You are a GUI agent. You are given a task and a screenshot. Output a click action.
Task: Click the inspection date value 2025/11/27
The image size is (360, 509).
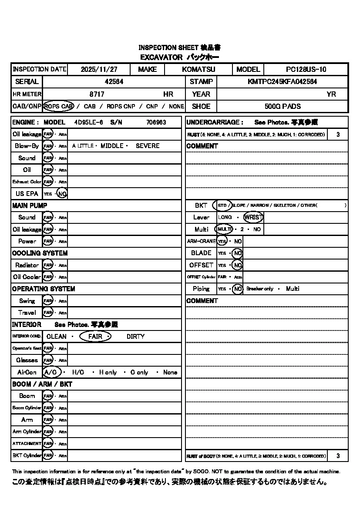point(99,69)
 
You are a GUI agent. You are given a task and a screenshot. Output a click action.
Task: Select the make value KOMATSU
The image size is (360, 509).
point(199,69)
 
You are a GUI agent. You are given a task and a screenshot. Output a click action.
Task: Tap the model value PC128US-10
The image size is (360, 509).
point(306,69)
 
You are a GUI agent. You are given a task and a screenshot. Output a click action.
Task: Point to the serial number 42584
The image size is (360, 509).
point(114,81)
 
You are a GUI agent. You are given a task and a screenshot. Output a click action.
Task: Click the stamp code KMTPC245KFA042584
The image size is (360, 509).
point(282,81)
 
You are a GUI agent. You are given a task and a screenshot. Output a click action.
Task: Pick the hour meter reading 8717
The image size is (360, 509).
point(97,94)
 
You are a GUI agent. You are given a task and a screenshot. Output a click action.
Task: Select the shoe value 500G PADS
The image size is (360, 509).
point(283,106)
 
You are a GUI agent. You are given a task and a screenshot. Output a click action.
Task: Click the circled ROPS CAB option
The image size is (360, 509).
point(58,106)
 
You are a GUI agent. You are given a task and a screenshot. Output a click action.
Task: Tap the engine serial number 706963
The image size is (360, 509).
point(156,122)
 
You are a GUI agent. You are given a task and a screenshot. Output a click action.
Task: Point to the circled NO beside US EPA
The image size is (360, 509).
point(62,194)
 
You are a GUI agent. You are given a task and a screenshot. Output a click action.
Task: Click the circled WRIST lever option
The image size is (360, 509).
point(253,217)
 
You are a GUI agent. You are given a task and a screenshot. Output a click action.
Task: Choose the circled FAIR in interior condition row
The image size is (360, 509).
point(95,337)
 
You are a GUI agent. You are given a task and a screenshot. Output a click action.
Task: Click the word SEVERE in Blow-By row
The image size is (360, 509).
point(148,146)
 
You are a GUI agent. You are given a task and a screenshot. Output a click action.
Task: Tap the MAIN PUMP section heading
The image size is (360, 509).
point(30,205)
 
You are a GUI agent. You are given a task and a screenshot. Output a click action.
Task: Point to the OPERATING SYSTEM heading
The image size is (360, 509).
point(44,289)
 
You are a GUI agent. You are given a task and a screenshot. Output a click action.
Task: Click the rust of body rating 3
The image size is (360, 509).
point(338,456)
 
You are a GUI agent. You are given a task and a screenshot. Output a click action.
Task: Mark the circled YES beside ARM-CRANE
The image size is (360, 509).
point(222,241)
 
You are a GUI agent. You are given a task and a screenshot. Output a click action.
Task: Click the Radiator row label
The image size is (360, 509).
point(27,265)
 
